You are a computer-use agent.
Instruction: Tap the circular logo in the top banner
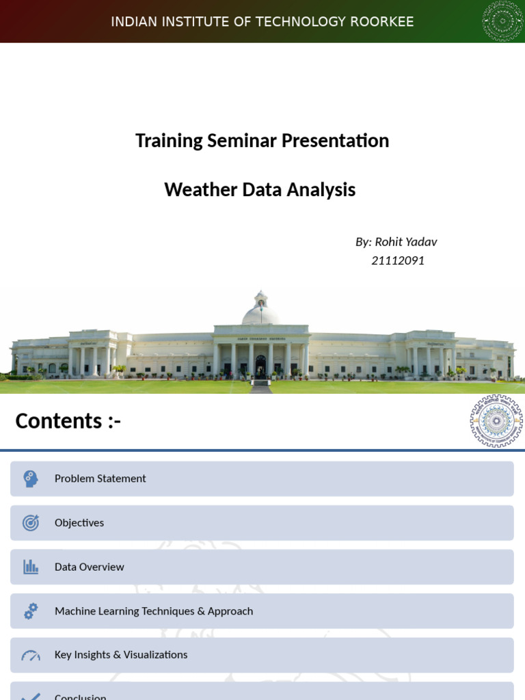coord(502,21)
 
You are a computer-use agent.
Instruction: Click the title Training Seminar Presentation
coord(262,141)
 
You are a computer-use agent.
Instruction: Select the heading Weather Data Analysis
coord(260,190)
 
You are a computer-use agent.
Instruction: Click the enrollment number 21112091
coord(398,260)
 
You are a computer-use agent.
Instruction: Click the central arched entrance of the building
coord(260,365)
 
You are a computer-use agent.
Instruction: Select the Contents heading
coord(68,421)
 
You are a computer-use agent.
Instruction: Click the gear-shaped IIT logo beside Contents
coord(496,421)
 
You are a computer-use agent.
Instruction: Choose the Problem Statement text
coord(100,479)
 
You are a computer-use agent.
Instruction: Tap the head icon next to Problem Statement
coord(31,479)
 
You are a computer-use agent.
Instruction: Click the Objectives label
coord(79,523)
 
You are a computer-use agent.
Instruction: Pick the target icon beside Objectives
coord(31,523)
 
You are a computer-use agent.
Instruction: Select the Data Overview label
coord(90,567)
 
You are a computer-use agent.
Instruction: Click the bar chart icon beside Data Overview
coord(31,567)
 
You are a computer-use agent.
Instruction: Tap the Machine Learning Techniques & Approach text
coord(154,611)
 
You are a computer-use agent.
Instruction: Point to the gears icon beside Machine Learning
coord(31,611)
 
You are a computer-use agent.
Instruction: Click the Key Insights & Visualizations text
coord(121,655)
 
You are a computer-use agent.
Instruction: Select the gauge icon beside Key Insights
coord(31,656)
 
